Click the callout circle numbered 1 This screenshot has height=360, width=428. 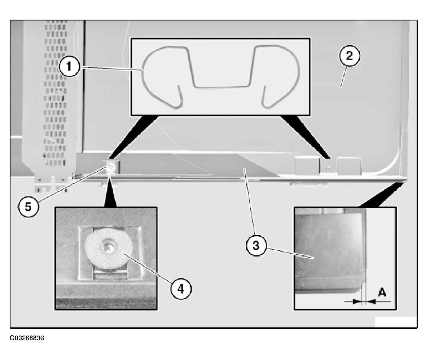(x=69, y=67)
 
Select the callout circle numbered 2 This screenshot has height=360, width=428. (x=350, y=56)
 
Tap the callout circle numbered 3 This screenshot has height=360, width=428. (x=256, y=245)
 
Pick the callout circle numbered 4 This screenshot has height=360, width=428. (x=181, y=289)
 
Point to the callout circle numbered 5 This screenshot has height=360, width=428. (x=28, y=207)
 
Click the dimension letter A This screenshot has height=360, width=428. (x=382, y=292)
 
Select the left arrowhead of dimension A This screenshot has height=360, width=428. (x=357, y=301)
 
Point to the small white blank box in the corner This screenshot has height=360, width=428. (x=396, y=322)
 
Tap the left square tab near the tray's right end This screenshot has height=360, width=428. (x=307, y=166)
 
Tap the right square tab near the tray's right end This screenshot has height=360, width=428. (x=349, y=166)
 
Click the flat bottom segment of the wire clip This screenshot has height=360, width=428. (x=223, y=86)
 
